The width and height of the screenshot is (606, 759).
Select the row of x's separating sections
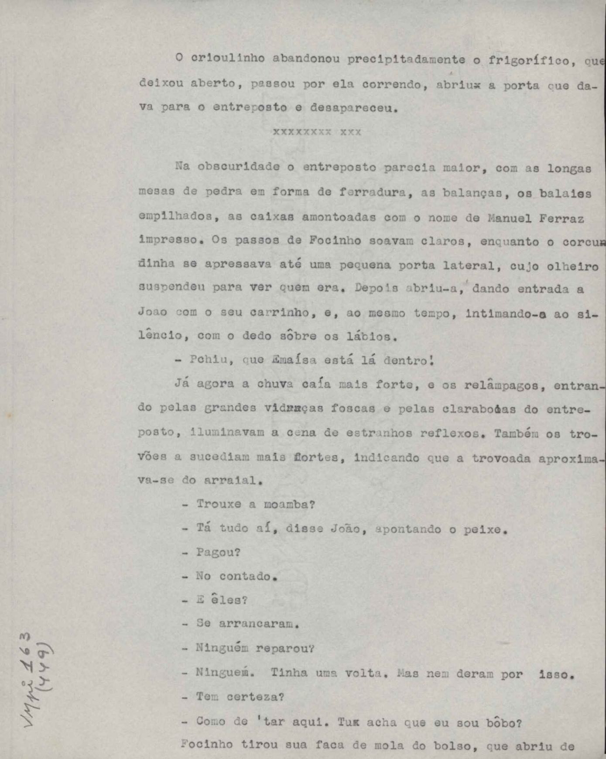click(x=317, y=132)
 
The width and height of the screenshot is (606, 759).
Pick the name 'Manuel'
click(x=509, y=218)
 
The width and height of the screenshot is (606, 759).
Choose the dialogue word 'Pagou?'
click(x=218, y=553)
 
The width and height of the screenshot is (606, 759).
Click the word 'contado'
click(x=245, y=576)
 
